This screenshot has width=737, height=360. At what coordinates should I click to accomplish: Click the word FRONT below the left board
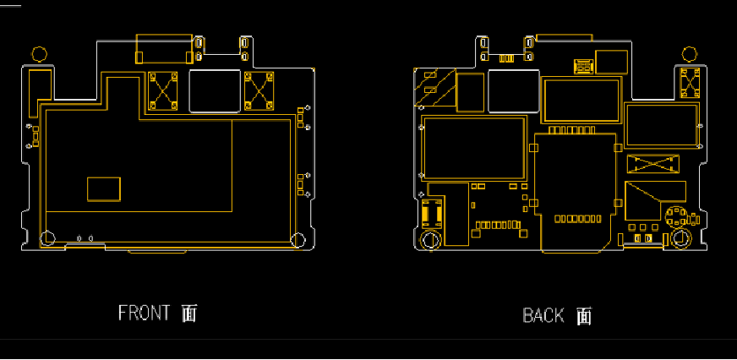tap(144, 313)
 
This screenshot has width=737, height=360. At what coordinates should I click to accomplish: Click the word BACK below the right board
tap(543, 315)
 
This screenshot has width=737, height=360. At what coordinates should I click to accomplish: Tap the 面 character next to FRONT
tap(189, 313)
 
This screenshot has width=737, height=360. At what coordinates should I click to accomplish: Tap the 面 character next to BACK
tap(584, 316)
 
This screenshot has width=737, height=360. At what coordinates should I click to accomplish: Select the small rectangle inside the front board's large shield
tap(104, 189)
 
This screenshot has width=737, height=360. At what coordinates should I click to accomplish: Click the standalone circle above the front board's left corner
tap(40, 54)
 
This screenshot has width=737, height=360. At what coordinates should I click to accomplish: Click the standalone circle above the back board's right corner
tap(690, 54)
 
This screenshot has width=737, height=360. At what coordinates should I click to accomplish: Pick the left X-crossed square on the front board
tap(163, 91)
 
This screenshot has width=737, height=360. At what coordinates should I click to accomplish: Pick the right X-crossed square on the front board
tap(259, 91)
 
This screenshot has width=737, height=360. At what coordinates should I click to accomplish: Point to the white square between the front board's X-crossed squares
tap(215, 91)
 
